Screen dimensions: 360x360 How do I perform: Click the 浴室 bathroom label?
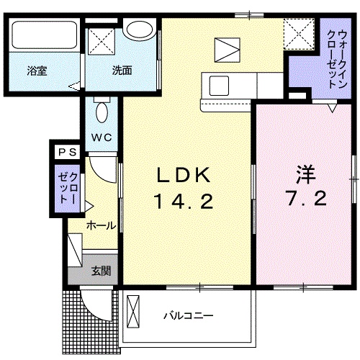tap(37, 71)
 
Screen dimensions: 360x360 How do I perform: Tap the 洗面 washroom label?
tap(122, 71)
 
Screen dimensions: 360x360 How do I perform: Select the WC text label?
tap(102, 138)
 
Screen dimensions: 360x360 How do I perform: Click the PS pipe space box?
tap(68, 152)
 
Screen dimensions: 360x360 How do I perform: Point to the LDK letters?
tap(184, 175)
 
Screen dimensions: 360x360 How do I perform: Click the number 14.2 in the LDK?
tap(184, 201)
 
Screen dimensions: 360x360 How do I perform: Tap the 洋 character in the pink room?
tap(305, 174)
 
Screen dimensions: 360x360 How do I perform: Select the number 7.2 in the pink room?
tap(306, 198)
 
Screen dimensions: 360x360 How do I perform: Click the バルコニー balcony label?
tap(189, 315)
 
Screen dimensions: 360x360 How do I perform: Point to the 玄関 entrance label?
tap(101, 271)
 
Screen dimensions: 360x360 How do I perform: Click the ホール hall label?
tap(101, 225)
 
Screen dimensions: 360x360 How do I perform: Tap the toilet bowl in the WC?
tap(102, 112)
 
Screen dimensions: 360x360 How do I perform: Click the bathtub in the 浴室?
tap(45, 35)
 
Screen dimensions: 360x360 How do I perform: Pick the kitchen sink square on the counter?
tap(219, 86)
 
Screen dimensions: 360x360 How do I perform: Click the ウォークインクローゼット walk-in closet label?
tap(338, 60)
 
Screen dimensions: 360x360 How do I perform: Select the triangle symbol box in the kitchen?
tap(228, 50)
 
